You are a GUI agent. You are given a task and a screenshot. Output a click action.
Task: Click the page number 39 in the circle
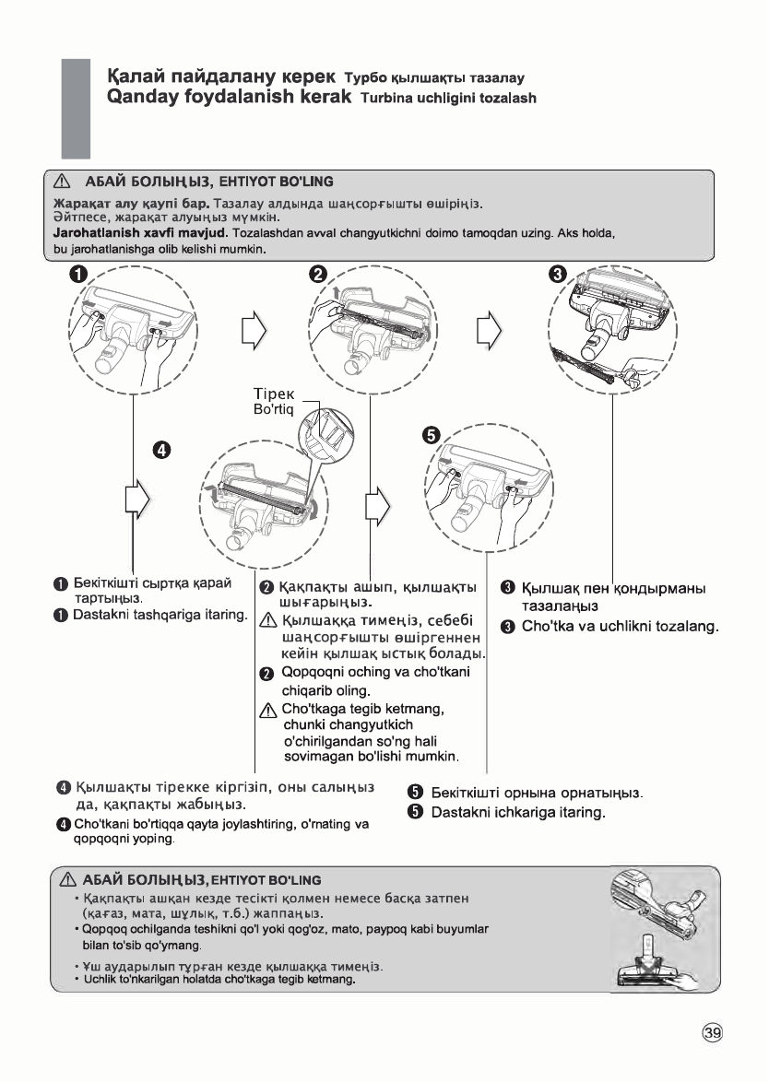pos(713,1034)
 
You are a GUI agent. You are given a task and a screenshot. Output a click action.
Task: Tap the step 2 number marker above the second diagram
pos(318,275)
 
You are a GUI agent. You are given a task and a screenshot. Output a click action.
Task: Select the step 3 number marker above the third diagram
pos(557,275)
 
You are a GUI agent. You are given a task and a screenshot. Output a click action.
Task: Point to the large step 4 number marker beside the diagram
pos(162,451)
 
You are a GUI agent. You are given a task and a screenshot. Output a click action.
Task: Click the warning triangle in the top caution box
pos(63,182)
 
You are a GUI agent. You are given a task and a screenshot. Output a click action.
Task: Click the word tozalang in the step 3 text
pos(680,627)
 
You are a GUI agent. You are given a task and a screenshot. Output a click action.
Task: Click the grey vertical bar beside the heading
pos(76,108)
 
